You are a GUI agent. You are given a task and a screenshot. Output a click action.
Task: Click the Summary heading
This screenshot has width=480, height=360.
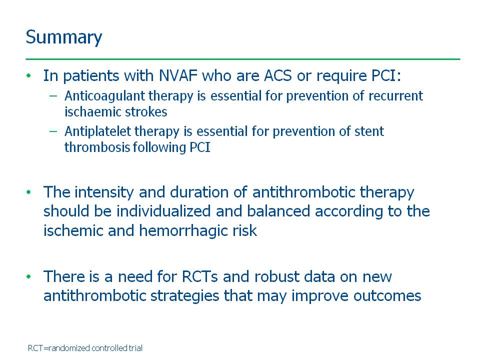pyautogui.click(x=64, y=37)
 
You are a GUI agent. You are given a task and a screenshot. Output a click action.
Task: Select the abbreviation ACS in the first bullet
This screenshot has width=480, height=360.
pyautogui.click(x=277, y=75)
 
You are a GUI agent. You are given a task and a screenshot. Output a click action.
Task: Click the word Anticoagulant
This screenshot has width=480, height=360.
pyautogui.click(x=104, y=96)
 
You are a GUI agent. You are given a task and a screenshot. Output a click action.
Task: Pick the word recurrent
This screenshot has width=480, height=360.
pyautogui.click(x=395, y=96)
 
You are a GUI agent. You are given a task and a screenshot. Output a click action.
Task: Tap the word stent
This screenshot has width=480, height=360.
pyautogui.click(x=369, y=131)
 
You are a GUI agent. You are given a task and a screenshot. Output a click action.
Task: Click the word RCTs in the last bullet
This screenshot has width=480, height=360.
pyautogui.click(x=199, y=276)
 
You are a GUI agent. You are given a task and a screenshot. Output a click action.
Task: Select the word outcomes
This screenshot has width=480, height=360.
pyautogui.click(x=387, y=296)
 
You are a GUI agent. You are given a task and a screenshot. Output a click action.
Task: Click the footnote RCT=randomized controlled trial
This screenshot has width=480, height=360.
pyautogui.click(x=85, y=348)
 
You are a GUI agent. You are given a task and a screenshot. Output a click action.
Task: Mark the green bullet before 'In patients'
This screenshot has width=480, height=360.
pyautogui.click(x=29, y=75)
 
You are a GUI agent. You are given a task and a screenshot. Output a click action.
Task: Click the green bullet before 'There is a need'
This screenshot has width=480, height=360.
pyautogui.click(x=29, y=276)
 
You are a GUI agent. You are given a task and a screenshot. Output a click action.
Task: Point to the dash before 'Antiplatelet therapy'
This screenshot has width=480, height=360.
pyautogui.click(x=53, y=131)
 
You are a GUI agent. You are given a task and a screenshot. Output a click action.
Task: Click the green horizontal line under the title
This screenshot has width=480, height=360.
pyautogui.click(x=243, y=59)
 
